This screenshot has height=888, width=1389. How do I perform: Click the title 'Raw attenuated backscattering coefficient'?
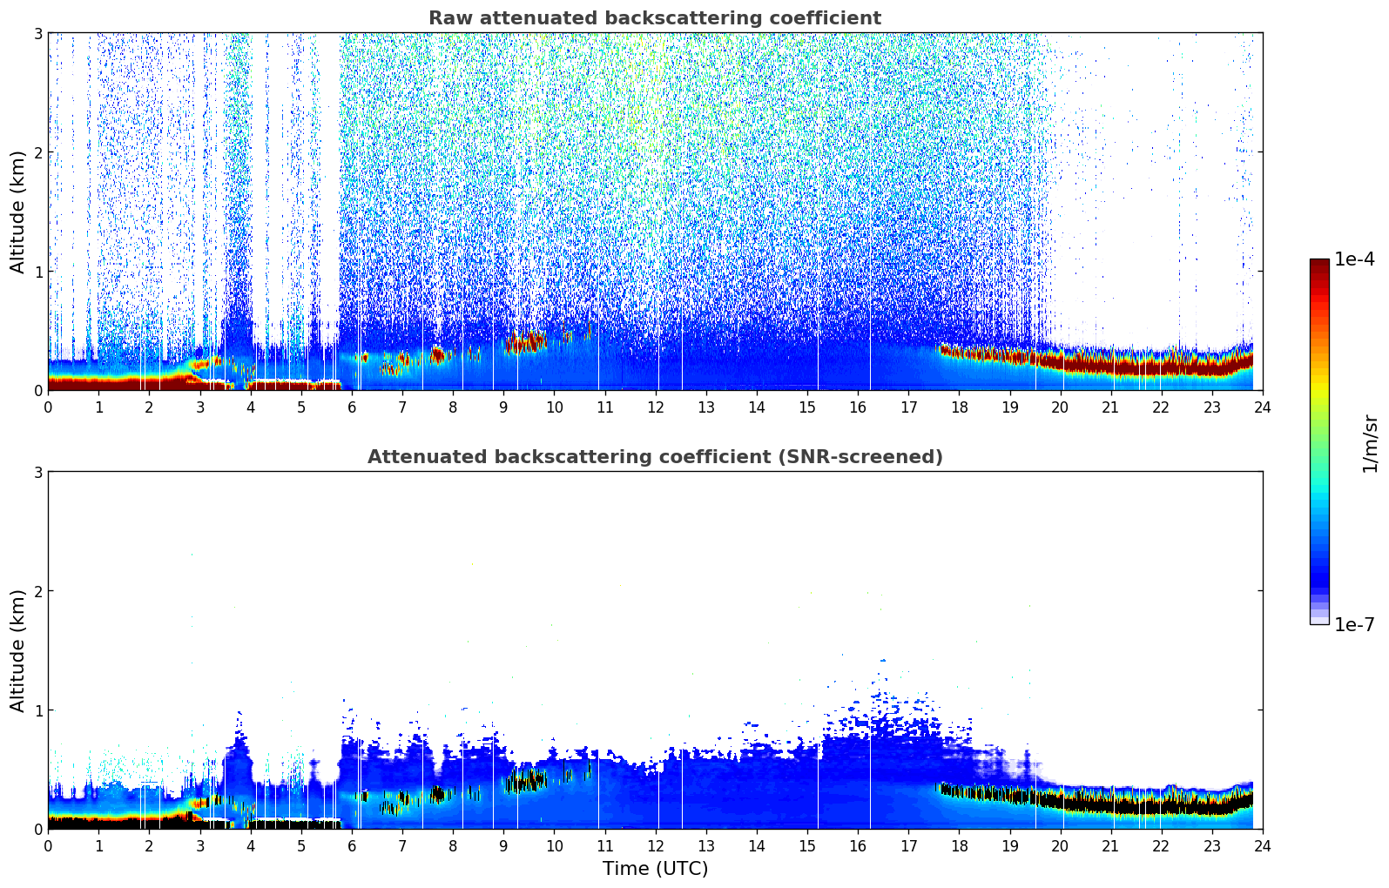pyautogui.click(x=655, y=18)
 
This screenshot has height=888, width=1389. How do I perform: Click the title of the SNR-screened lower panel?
pyautogui.click(x=655, y=457)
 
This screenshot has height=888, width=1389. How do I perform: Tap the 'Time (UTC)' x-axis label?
pyautogui.click(x=655, y=869)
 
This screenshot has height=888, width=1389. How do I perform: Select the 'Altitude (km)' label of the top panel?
pyautogui.click(x=18, y=212)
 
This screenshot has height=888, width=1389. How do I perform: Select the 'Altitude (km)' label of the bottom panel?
pyautogui.click(x=18, y=650)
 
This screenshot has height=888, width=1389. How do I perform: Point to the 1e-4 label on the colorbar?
pyautogui.click(x=1354, y=259)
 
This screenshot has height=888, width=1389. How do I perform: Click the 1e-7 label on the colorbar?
pyautogui.click(x=1354, y=624)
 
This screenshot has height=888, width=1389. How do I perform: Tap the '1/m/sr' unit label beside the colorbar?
pyautogui.click(x=1371, y=444)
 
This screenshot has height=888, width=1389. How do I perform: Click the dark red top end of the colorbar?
pyautogui.click(x=1319, y=264)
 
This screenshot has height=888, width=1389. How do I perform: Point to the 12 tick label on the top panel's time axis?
pyautogui.click(x=655, y=407)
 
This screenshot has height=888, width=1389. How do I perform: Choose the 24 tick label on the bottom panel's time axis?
pyautogui.click(x=1263, y=845)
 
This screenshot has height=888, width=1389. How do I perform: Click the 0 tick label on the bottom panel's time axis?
pyautogui.click(x=48, y=845)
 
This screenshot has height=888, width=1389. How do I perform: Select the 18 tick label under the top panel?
pyautogui.click(x=959, y=407)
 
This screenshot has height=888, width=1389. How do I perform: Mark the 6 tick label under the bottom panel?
pyautogui.click(x=352, y=845)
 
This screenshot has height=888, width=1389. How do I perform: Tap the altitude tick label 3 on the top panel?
pyautogui.click(x=37, y=33)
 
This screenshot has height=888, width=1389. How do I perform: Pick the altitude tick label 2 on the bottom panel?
pyautogui.click(x=37, y=591)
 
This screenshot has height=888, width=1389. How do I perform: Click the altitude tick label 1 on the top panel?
pyautogui.click(x=37, y=272)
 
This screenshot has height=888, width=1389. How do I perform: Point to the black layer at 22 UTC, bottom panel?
pyautogui.click(x=1161, y=806)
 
